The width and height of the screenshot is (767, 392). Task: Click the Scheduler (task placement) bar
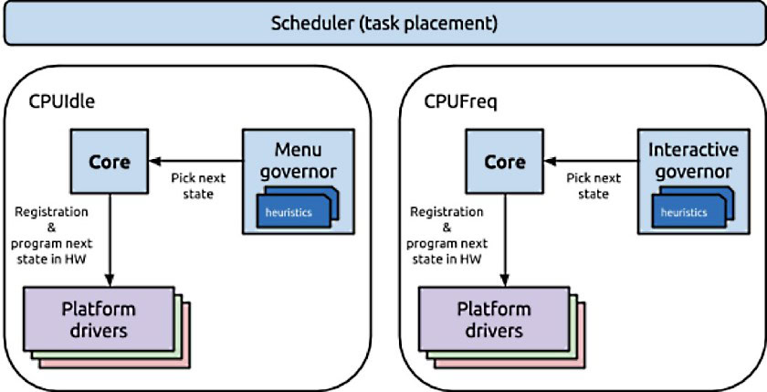[383, 23]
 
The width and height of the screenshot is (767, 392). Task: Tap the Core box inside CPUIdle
[109, 161]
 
